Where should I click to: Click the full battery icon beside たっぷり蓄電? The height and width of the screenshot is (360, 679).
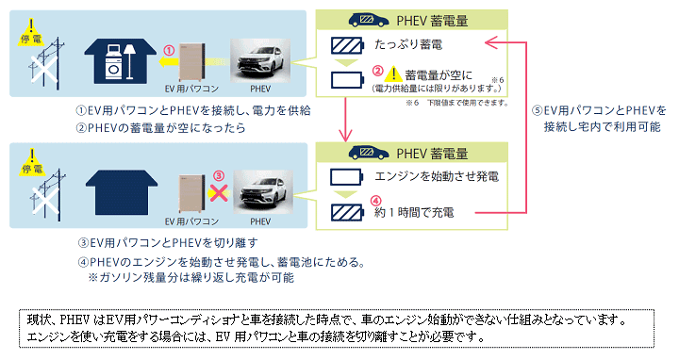pos(346,45)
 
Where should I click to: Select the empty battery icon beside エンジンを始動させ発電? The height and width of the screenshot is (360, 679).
pos(346,176)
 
